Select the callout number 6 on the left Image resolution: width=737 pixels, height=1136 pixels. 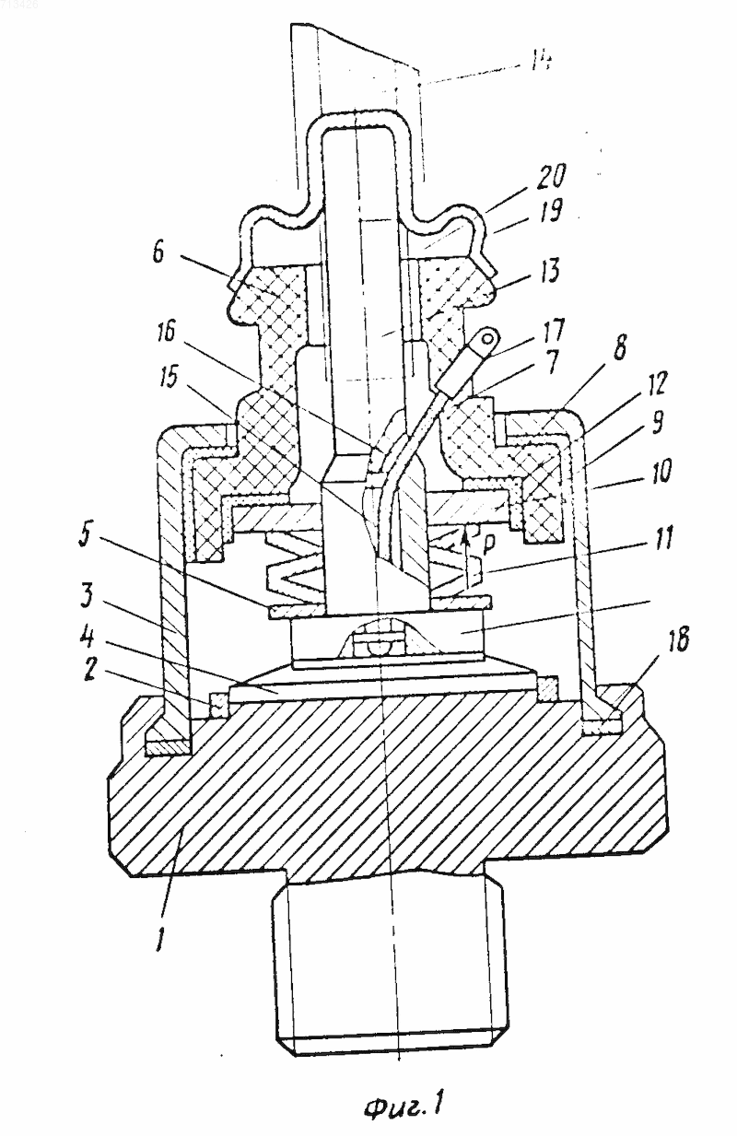click(158, 250)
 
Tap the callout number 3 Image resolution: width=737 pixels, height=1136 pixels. click(87, 597)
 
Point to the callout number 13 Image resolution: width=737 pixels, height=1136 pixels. click(544, 270)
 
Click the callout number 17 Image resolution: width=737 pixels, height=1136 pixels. click(552, 330)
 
